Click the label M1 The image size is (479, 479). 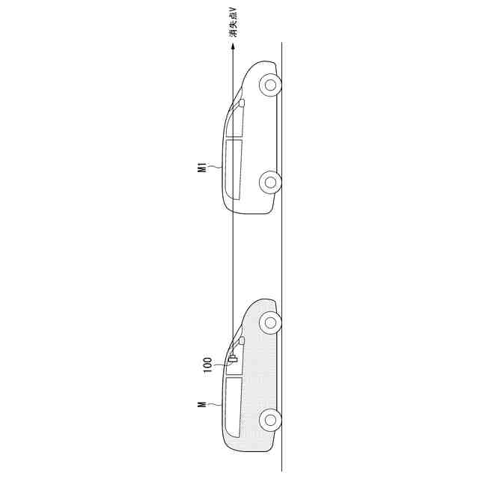coord(202,168)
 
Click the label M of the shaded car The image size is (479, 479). coord(202,405)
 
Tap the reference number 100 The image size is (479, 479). coord(208,364)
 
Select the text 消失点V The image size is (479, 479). coord(234,25)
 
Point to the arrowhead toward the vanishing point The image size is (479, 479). coord(233,46)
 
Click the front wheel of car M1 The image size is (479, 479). coord(270,85)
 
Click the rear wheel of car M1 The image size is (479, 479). coord(270,182)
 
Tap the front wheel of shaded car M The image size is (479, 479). coord(270,323)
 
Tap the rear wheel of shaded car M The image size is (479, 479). coord(270,420)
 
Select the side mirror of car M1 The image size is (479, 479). coord(242,103)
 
